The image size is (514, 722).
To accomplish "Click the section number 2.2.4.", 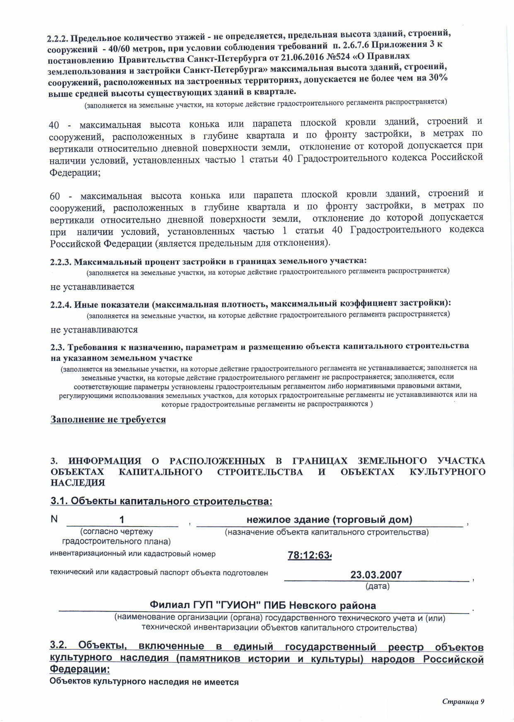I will (61, 306).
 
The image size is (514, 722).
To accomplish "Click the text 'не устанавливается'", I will (92, 286).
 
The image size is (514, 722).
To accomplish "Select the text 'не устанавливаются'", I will (94, 330).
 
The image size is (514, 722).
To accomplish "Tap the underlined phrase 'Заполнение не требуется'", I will (108, 419).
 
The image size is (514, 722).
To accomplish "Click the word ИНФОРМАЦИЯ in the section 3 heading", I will (105, 461).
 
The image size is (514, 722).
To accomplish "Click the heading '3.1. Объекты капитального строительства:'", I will (161, 501).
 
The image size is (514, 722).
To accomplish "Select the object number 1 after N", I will (122, 520).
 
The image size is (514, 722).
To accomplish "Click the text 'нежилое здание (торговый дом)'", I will (329, 520).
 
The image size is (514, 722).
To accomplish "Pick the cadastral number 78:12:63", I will (310, 555).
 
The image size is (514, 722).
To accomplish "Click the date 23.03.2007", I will (376, 575).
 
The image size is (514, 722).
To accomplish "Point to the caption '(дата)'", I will (377, 586).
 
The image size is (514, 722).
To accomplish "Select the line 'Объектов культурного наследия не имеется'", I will (144, 682).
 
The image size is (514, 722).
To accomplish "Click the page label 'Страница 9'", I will (463, 701).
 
